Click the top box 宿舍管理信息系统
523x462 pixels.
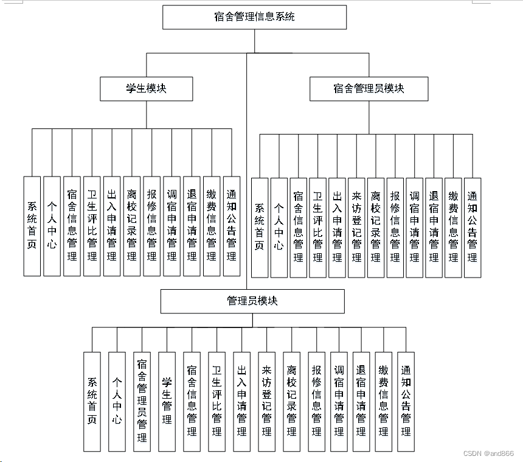[x=254, y=17]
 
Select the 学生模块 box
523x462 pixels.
[x=147, y=89]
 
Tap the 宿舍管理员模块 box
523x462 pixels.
[x=369, y=89]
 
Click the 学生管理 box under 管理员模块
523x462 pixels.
[x=167, y=401]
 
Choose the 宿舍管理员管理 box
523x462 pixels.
[x=142, y=401]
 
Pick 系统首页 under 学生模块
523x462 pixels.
[x=32, y=226]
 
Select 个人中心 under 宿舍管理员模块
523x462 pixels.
[x=279, y=227]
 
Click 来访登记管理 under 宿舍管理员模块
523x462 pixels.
[x=356, y=227]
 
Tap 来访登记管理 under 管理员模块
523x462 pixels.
[x=266, y=401]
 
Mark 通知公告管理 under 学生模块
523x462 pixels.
[x=232, y=226]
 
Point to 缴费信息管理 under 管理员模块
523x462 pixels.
[x=384, y=401]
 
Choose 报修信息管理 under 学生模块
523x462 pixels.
[x=152, y=226]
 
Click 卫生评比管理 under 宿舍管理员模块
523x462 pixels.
[x=317, y=227]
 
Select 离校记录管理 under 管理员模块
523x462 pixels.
[x=291, y=401]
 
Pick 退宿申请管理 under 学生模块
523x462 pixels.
[x=192, y=226]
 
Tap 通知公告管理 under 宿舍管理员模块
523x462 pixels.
[x=473, y=227]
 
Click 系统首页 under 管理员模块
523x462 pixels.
[x=92, y=401]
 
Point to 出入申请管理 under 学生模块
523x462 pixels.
[x=112, y=226]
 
